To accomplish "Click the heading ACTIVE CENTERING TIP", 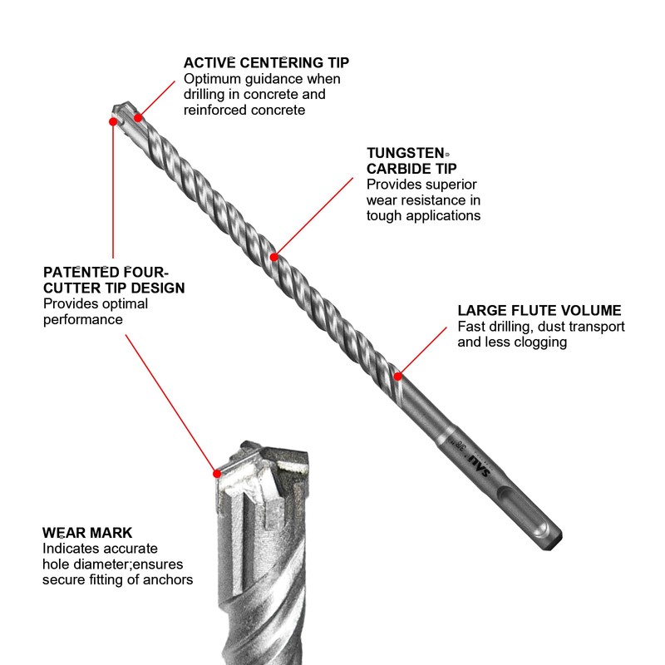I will click(x=266, y=62).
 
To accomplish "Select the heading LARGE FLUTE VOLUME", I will click(x=539, y=310).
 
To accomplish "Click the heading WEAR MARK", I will click(x=87, y=532).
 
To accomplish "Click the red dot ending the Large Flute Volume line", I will click(x=399, y=376).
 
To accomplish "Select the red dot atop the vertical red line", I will click(x=113, y=121).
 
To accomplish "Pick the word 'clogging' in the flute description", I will click(x=540, y=342).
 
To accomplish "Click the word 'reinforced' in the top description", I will click(x=214, y=110).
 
